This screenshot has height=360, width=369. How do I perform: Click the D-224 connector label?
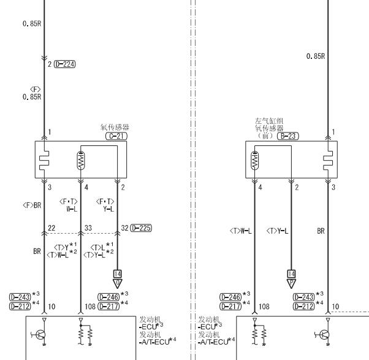[x=65, y=64]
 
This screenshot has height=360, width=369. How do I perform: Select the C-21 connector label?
[x=116, y=136]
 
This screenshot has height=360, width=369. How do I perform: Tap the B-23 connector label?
[x=288, y=136]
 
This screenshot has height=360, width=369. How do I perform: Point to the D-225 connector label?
[x=141, y=228]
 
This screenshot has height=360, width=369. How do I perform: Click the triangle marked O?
[x=118, y=283]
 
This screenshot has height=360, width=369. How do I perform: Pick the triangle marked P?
[x=291, y=283]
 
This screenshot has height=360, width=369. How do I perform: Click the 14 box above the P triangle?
[x=291, y=274]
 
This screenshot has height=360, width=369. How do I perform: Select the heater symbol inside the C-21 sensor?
[x=44, y=160]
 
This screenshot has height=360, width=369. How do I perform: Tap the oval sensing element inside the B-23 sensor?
[x=254, y=160]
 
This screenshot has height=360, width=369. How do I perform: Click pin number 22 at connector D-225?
[x=51, y=228]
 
